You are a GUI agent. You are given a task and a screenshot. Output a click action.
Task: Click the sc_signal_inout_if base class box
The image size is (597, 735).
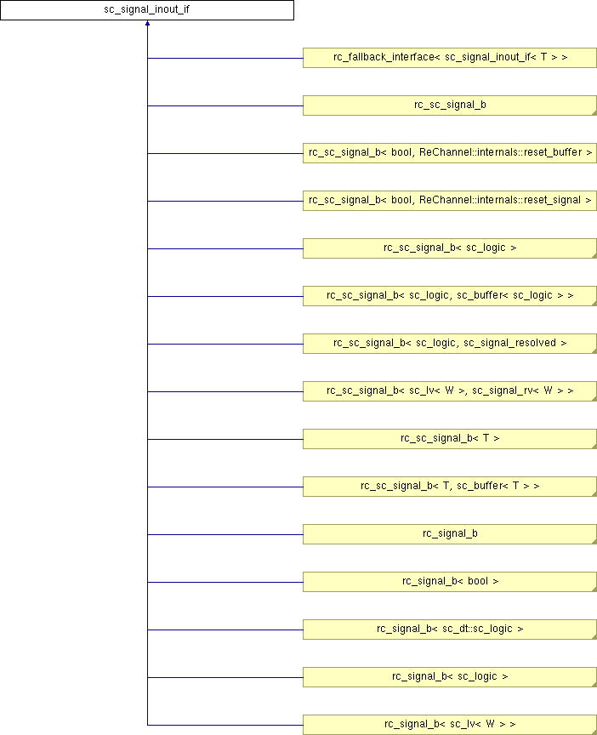point(147,10)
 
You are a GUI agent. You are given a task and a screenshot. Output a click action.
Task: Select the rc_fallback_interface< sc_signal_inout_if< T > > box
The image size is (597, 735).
point(450,58)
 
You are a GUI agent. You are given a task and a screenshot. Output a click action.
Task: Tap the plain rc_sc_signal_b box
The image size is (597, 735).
point(450,105)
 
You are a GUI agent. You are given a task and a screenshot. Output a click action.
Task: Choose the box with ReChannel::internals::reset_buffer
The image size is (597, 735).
point(450,153)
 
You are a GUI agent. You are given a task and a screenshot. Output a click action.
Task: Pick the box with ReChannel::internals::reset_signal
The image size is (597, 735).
point(450,201)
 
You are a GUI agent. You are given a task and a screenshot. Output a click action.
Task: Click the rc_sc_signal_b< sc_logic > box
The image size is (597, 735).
point(450,248)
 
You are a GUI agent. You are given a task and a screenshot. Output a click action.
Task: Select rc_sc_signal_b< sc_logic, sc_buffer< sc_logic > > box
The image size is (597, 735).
point(450,296)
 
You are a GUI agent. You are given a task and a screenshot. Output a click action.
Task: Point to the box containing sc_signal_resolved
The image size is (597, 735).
point(450,344)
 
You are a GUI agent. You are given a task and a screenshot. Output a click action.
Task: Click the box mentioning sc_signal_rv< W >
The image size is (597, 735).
point(450,391)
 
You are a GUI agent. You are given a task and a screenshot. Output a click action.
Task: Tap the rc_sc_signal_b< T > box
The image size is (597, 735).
point(450,439)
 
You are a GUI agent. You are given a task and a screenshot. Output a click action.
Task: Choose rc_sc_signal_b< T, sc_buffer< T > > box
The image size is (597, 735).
point(450,487)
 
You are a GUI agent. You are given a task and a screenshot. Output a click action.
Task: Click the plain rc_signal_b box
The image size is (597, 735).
point(450,534)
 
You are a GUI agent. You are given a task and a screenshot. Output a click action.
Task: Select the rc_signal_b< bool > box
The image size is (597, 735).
point(450,582)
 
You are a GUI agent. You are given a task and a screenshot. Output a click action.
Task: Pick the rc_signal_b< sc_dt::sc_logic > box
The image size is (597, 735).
point(450,630)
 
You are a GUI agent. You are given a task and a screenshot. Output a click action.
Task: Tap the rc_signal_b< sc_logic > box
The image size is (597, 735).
point(450,677)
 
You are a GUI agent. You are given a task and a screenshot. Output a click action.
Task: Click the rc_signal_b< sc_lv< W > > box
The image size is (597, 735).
point(450,725)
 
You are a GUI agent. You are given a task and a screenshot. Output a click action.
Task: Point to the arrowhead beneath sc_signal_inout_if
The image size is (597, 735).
point(147,25)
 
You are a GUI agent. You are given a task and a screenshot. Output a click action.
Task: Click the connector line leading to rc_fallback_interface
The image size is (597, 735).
point(225,58)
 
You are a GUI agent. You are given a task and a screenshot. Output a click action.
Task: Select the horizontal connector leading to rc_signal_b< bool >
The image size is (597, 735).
point(225,582)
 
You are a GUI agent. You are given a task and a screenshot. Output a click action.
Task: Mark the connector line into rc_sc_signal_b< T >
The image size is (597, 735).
point(225,439)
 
